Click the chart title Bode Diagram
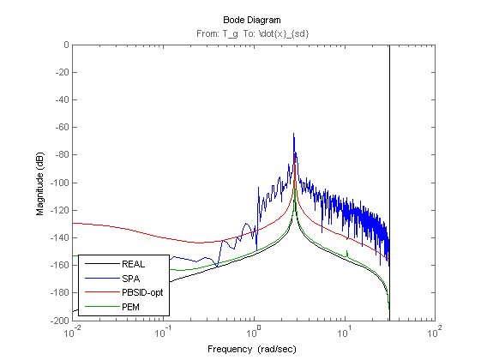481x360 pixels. click(x=251, y=20)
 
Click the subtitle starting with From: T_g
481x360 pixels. click(x=252, y=33)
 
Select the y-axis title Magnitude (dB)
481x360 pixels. click(x=40, y=183)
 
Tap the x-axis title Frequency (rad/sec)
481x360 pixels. click(x=252, y=349)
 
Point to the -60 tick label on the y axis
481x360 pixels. click(x=62, y=127)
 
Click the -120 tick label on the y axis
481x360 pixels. click(x=59, y=210)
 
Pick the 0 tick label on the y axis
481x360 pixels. click(x=66, y=45)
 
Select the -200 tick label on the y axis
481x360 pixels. click(x=59, y=321)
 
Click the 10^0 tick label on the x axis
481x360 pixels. click(x=254, y=332)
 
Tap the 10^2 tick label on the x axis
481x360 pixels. click(x=435, y=332)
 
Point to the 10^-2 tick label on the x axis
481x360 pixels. click(x=73, y=332)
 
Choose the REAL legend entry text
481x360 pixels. click(x=133, y=264)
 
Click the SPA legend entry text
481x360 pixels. click(x=130, y=279)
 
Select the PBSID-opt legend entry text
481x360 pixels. click(x=142, y=292)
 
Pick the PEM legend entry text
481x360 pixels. click(x=130, y=307)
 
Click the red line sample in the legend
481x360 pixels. click(x=102, y=292)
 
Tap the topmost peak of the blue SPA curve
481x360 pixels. click(x=293, y=134)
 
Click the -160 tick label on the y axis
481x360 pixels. click(x=59, y=265)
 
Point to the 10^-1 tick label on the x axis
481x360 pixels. click(x=163, y=332)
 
